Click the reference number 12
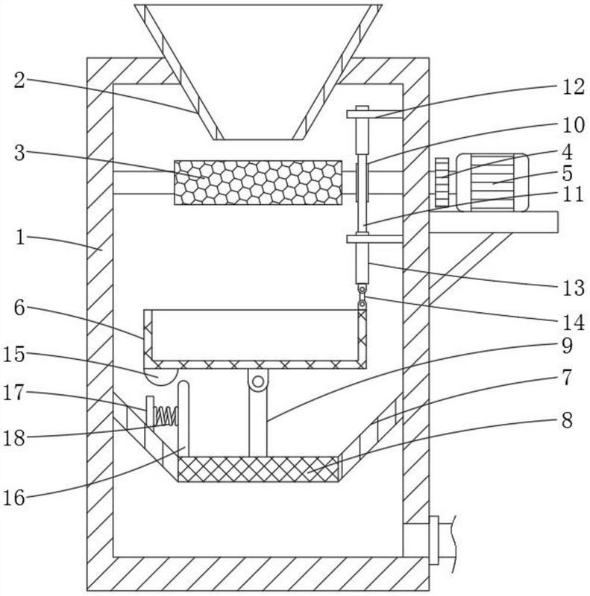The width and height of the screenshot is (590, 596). pyautogui.click(x=574, y=86)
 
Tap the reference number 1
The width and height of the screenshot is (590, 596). pyautogui.click(x=20, y=238)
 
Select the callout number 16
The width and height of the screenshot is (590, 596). pyautogui.click(x=14, y=497)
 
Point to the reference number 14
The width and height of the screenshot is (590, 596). pyautogui.click(x=574, y=323)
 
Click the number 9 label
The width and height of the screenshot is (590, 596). pyautogui.click(x=567, y=346)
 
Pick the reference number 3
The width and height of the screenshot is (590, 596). pyautogui.click(x=19, y=153)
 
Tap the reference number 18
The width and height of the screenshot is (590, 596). pyautogui.click(x=14, y=438)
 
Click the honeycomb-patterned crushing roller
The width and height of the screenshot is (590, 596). pyautogui.click(x=258, y=183)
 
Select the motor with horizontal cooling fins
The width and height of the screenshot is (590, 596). pyautogui.click(x=492, y=182)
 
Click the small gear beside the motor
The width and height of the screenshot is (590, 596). pyautogui.click(x=442, y=183)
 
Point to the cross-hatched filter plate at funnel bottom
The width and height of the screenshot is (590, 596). pyautogui.click(x=258, y=469)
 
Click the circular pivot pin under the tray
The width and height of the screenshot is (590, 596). pyautogui.click(x=258, y=381)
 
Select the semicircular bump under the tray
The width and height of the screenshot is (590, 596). pyautogui.click(x=160, y=377)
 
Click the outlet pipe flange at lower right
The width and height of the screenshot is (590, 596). pyautogui.click(x=433, y=540)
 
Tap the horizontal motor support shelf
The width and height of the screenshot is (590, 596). pyautogui.click(x=494, y=222)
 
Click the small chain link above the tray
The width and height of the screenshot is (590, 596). pyautogui.click(x=363, y=297)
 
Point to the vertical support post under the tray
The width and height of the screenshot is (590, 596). pyautogui.click(x=258, y=413)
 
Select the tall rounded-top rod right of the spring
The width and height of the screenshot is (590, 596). pyautogui.click(x=183, y=418)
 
